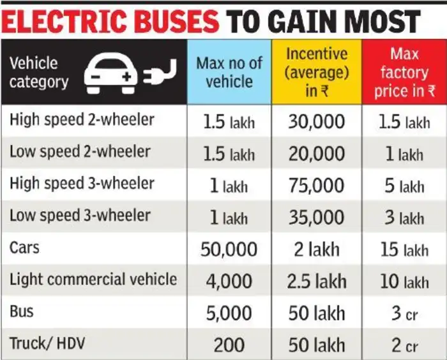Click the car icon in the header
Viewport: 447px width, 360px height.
point(113,73)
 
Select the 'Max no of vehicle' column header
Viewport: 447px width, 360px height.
point(229,73)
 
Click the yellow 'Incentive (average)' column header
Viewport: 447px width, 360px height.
point(317,71)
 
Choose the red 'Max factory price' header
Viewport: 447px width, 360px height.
point(404,71)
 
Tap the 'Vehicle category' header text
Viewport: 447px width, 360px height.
point(39,73)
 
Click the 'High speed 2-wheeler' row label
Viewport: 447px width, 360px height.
point(82,119)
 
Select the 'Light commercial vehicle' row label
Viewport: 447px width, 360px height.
point(93,279)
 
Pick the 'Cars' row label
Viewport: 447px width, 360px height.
point(25,247)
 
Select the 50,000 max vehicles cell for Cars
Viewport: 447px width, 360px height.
point(229,250)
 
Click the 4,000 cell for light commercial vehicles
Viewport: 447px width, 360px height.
point(229,281)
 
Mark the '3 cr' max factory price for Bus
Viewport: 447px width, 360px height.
point(404,313)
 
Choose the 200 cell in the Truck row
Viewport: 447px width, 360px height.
point(229,345)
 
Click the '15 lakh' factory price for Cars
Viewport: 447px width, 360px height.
point(404,250)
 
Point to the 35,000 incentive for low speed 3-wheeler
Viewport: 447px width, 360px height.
point(317,218)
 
